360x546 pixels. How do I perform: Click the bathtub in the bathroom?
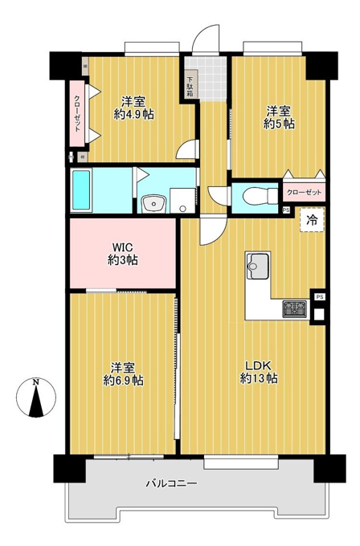tap(81, 190)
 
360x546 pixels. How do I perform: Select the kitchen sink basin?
tap(257, 266)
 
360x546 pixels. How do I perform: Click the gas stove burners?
tap(294, 309)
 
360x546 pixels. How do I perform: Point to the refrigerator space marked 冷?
tap(312, 219)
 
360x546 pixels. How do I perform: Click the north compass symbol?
tap(36, 397)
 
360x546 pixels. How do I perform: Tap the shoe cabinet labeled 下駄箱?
tap(190, 84)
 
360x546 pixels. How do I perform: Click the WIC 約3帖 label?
tap(123, 254)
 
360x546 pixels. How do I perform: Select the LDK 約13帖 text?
tap(259, 373)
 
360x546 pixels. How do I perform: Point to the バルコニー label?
tap(171, 483)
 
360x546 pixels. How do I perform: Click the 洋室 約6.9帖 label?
tap(123, 373)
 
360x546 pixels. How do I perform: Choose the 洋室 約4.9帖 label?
tap(133, 108)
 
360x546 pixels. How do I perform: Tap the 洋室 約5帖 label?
tap(279, 118)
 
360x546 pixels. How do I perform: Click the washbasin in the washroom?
tap(155, 203)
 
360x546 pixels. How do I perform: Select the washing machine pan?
tap(182, 200)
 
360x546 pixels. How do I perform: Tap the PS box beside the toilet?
tap(286, 210)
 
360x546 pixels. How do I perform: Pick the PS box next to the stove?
tap(320, 296)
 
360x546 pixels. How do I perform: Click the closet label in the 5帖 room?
tap(304, 192)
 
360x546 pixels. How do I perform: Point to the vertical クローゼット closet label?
tap(77, 114)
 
